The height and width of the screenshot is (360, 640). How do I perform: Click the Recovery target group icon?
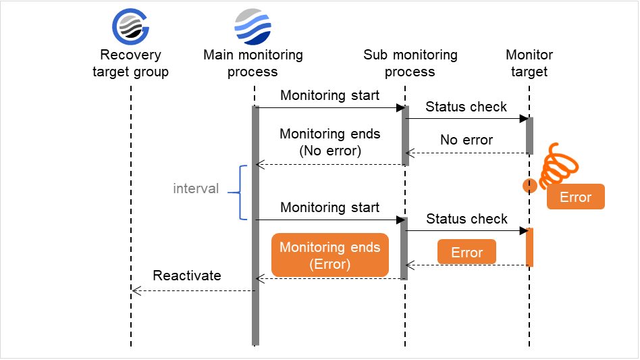pyautogui.click(x=130, y=26)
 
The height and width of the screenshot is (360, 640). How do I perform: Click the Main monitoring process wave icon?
pyautogui.click(x=253, y=26)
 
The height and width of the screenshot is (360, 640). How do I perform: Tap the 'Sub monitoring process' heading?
pyautogui.click(x=410, y=63)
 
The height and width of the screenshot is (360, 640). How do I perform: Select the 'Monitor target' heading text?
pyautogui.click(x=529, y=63)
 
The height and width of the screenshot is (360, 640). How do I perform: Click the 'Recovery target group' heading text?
pyautogui.click(x=130, y=63)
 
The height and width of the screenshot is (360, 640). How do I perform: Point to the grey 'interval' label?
pyautogui.click(x=196, y=188)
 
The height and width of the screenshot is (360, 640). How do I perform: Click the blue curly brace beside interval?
pyautogui.click(x=236, y=192)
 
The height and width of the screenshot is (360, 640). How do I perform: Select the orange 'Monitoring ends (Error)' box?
pyautogui.click(x=330, y=255)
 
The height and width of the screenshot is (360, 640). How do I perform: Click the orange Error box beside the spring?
pyautogui.click(x=575, y=197)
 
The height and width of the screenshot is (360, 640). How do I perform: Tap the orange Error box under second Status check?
pyautogui.click(x=466, y=253)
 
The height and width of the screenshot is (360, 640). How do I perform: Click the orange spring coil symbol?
pyautogui.click(x=558, y=165)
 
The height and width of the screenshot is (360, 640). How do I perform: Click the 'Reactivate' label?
pyautogui.click(x=187, y=276)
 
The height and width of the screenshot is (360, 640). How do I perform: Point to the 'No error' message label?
pyautogui.click(x=466, y=140)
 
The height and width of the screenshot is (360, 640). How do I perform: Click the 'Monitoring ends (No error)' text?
pyautogui.click(x=330, y=143)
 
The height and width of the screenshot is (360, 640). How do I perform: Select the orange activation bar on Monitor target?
pyautogui.click(x=530, y=247)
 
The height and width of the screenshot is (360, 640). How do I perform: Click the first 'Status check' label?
pyautogui.click(x=466, y=107)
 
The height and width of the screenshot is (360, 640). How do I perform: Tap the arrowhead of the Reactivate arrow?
pyautogui.click(x=135, y=291)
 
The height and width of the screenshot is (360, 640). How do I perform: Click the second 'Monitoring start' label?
pyautogui.click(x=330, y=208)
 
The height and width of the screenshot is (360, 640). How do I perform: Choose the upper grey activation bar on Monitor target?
pyautogui.click(x=530, y=136)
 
